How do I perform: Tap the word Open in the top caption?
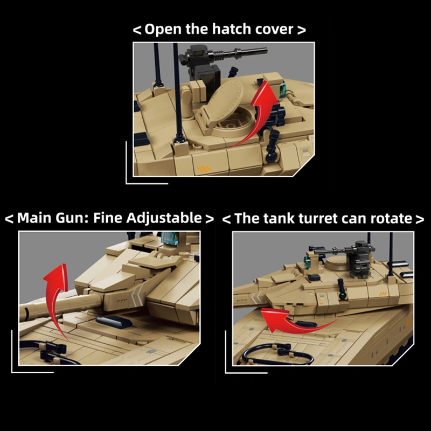(164, 30)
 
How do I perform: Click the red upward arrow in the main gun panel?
(57, 291)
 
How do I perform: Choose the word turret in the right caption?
(315, 218)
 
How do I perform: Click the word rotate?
(392, 218)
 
